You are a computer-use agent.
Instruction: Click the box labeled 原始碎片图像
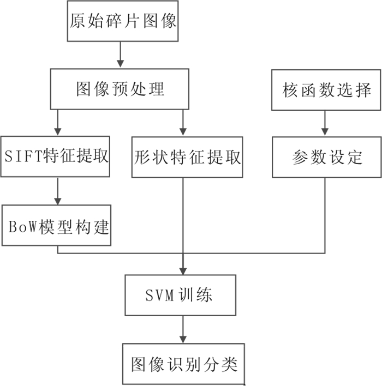pyautogui.click(x=123, y=21)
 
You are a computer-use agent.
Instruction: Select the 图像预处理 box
pyautogui.click(x=120, y=88)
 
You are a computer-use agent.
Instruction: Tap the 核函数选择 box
pyautogui.click(x=326, y=89)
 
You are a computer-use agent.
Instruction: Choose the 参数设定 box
pyautogui.click(x=326, y=157)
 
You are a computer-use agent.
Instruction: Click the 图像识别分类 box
pyautogui.click(x=183, y=364)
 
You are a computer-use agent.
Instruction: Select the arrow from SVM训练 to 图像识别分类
pyautogui.click(x=183, y=329)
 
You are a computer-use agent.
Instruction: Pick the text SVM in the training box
pyautogui.click(x=159, y=295)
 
